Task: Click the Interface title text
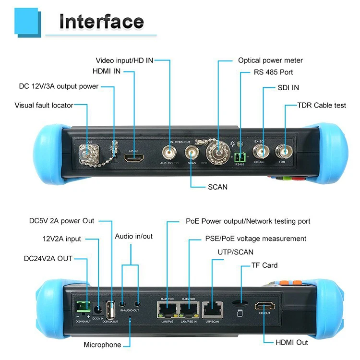pos(101,22)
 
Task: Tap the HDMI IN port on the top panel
pos(134,157)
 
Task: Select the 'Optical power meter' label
pos(270,60)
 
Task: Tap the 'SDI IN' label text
pos(288,88)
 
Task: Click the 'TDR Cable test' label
pos(322,105)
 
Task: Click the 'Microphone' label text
pos(102,345)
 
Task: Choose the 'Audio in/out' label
pos(134,237)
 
